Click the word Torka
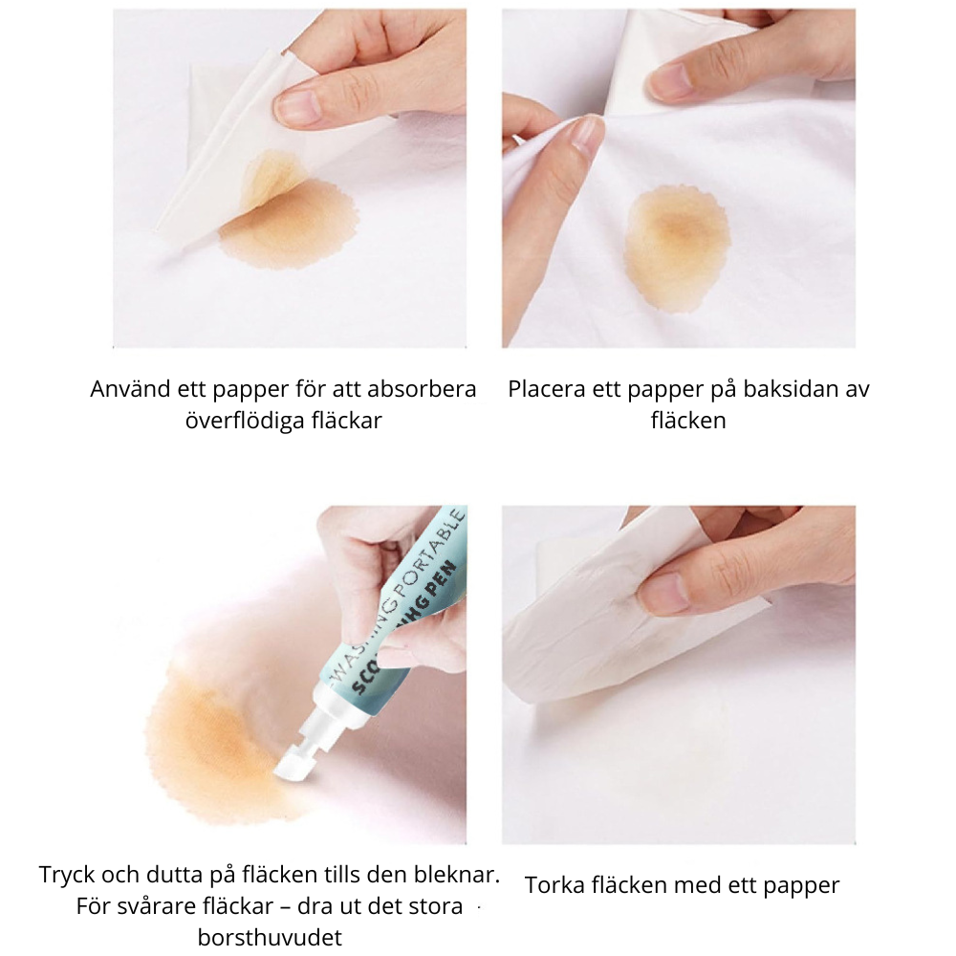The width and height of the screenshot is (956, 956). [553, 885]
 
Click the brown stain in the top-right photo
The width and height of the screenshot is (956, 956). [677, 249]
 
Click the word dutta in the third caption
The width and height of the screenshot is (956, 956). [175, 875]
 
